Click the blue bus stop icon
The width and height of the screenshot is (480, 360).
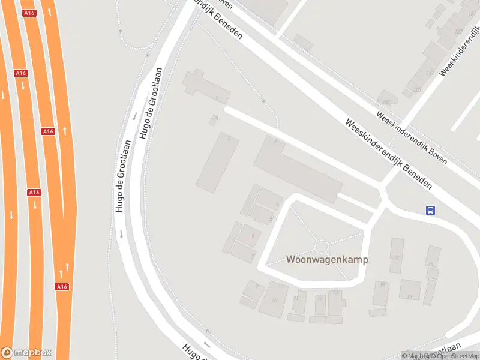point(430,210)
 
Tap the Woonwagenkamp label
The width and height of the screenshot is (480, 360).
point(326,260)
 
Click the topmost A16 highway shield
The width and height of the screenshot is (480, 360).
point(28,13)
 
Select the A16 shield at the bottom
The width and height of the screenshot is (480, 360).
point(62,287)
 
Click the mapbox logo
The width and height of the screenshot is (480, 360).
point(26,353)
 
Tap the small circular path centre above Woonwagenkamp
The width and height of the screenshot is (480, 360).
point(322,246)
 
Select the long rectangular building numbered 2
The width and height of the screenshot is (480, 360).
point(217,163)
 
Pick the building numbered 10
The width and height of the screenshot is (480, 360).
point(273,298)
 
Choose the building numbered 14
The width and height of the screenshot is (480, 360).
point(381,293)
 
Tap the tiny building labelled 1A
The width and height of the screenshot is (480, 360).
point(214,121)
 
